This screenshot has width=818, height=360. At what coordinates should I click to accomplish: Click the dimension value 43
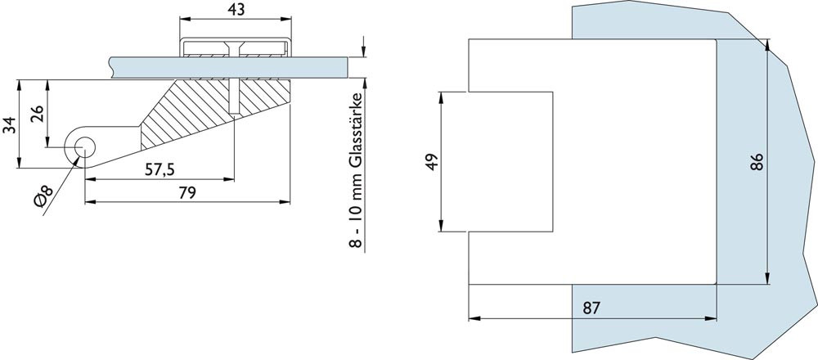[x=236, y=9]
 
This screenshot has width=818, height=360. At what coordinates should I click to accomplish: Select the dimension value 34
[x=10, y=125]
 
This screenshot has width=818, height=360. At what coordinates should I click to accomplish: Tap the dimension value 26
[x=37, y=113]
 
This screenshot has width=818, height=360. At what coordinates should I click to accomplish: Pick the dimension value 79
[x=187, y=193]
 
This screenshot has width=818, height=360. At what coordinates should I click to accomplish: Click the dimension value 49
[x=432, y=162]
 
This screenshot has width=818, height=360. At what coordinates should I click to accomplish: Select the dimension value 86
[x=757, y=162]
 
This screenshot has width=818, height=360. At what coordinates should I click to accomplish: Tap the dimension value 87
[x=591, y=308]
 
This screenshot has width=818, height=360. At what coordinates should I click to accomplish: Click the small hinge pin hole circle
[x=84, y=147]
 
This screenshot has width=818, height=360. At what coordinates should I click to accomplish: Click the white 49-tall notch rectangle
[x=510, y=162]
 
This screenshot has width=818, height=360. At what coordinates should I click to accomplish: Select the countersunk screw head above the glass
[x=236, y=48]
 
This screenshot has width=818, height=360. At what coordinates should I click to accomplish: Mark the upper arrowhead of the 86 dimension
[x=767, y=45]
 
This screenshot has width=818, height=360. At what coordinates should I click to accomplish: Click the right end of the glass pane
[x=346, y=68]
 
